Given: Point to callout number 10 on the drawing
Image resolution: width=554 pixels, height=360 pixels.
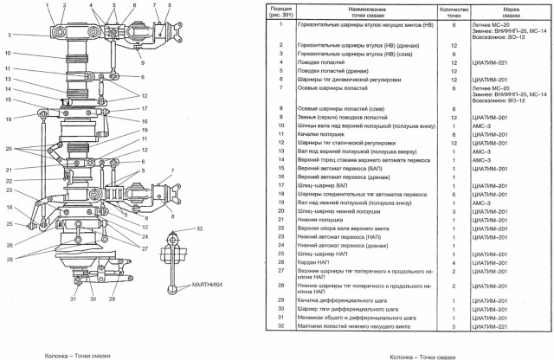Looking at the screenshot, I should [x=6, y=54].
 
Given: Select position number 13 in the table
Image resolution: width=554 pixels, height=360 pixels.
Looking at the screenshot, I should [x=280, y=151].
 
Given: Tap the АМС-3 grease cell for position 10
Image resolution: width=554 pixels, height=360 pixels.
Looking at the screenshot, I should [x=483, y=125].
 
